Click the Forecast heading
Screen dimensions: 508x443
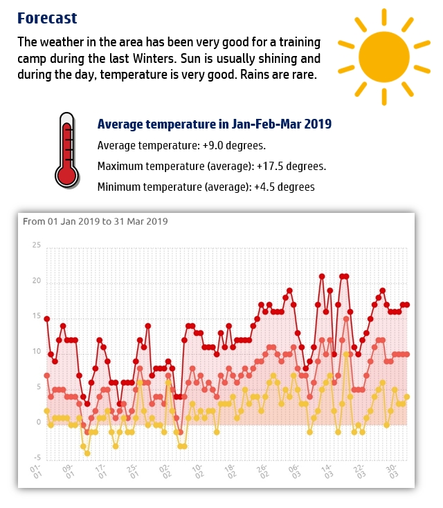[x=47, y=18]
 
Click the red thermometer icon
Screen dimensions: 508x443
[x=67, y=150]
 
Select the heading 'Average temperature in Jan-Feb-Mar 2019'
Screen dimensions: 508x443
[x=214, y=124]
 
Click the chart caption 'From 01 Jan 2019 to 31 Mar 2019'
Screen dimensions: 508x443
[x=96, y=222]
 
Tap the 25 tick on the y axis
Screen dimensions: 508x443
[x=36, y=245]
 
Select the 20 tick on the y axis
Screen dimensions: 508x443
[x=36, y=281]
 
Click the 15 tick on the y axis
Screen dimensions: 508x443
[x=36, y=317]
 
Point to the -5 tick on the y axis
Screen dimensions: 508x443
[x=36, y=458]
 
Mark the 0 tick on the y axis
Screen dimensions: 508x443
[x=38, y=422]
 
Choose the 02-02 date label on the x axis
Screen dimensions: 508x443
[x=165, y=473]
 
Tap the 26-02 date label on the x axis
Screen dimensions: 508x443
[x=262, y=473]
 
